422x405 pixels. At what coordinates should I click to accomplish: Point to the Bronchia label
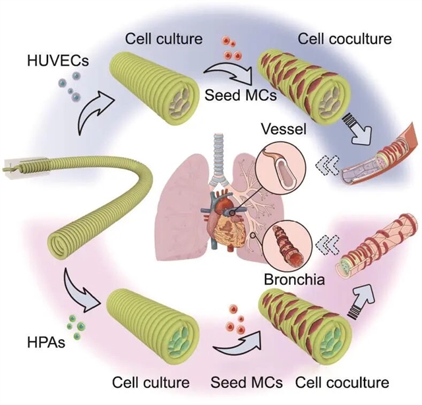point(293,279)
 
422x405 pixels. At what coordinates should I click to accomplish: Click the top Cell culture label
point(160,38)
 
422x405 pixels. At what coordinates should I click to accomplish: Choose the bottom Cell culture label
point(151,383)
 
